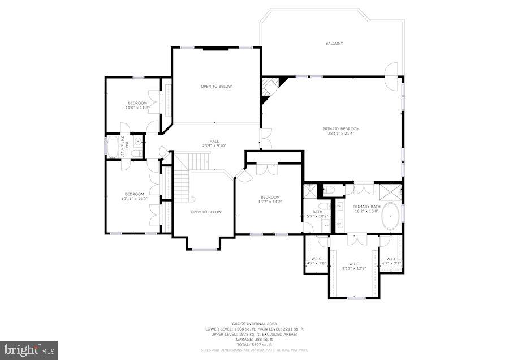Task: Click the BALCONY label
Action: coord(334,44)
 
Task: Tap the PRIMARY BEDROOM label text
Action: coord(340,128)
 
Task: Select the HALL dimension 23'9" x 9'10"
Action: coord(214,146)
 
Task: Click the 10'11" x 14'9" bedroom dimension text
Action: coord(134,199)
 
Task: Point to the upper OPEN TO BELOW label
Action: coord(216,86)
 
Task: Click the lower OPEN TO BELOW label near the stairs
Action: coord(206,212)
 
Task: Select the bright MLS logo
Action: coord(29,349)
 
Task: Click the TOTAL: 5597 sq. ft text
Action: coord(254,345)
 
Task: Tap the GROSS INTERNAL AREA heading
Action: coord(254,324)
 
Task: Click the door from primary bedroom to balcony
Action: coord(390,76)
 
